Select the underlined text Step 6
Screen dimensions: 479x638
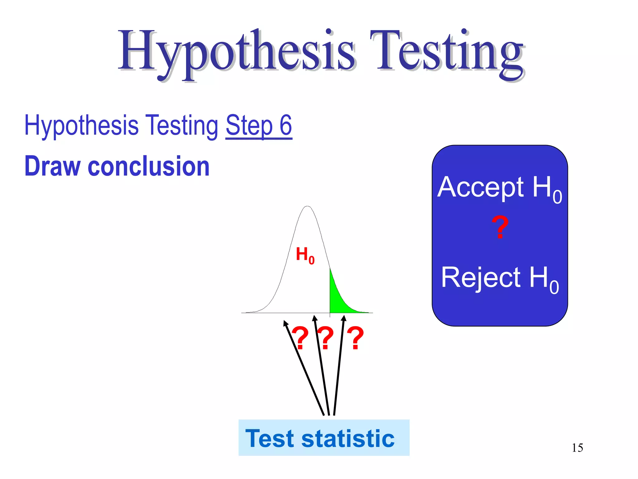point(259,125)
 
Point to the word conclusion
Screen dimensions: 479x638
point(149,166)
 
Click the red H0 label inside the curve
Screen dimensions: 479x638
point(305,255)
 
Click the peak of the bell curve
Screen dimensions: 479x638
point(307,206)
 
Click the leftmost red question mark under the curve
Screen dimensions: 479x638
point(301,338)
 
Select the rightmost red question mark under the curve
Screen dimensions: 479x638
point(355,338)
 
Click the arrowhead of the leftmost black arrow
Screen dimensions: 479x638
point(285,323)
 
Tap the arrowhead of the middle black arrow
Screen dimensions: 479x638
point(315,318)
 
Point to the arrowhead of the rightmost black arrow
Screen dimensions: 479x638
point(344,318)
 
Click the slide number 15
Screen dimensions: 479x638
point(577,448)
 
